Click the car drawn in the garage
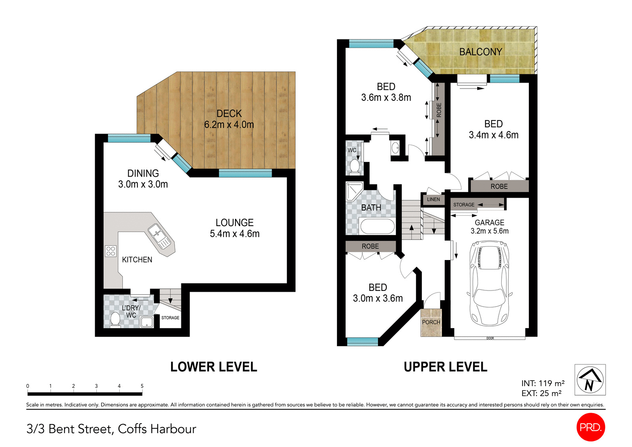coord(489,284)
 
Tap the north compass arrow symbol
coord(590,380)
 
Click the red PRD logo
coord(591,427)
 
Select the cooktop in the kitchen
coord(111,251)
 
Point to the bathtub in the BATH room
coord(377,227)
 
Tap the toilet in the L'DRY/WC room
coord(115,319)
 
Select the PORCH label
coord(431,322)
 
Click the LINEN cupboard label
coord(433,199)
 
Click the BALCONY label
coord(480,52)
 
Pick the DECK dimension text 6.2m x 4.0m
coord(229,124)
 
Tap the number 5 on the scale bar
coord(142,386)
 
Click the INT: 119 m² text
coord(543,383)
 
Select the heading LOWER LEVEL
coord(213,367)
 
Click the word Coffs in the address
coord(133,429)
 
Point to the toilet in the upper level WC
coord(355,166)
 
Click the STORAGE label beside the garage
coord(464,205)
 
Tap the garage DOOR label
coord(490,338)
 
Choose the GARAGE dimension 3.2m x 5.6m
coord(489,231)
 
